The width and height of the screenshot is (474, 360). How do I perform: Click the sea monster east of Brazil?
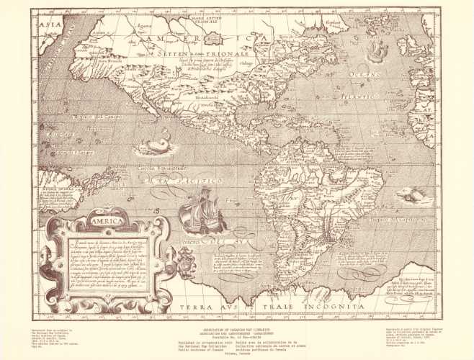[x=411, y=194]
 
